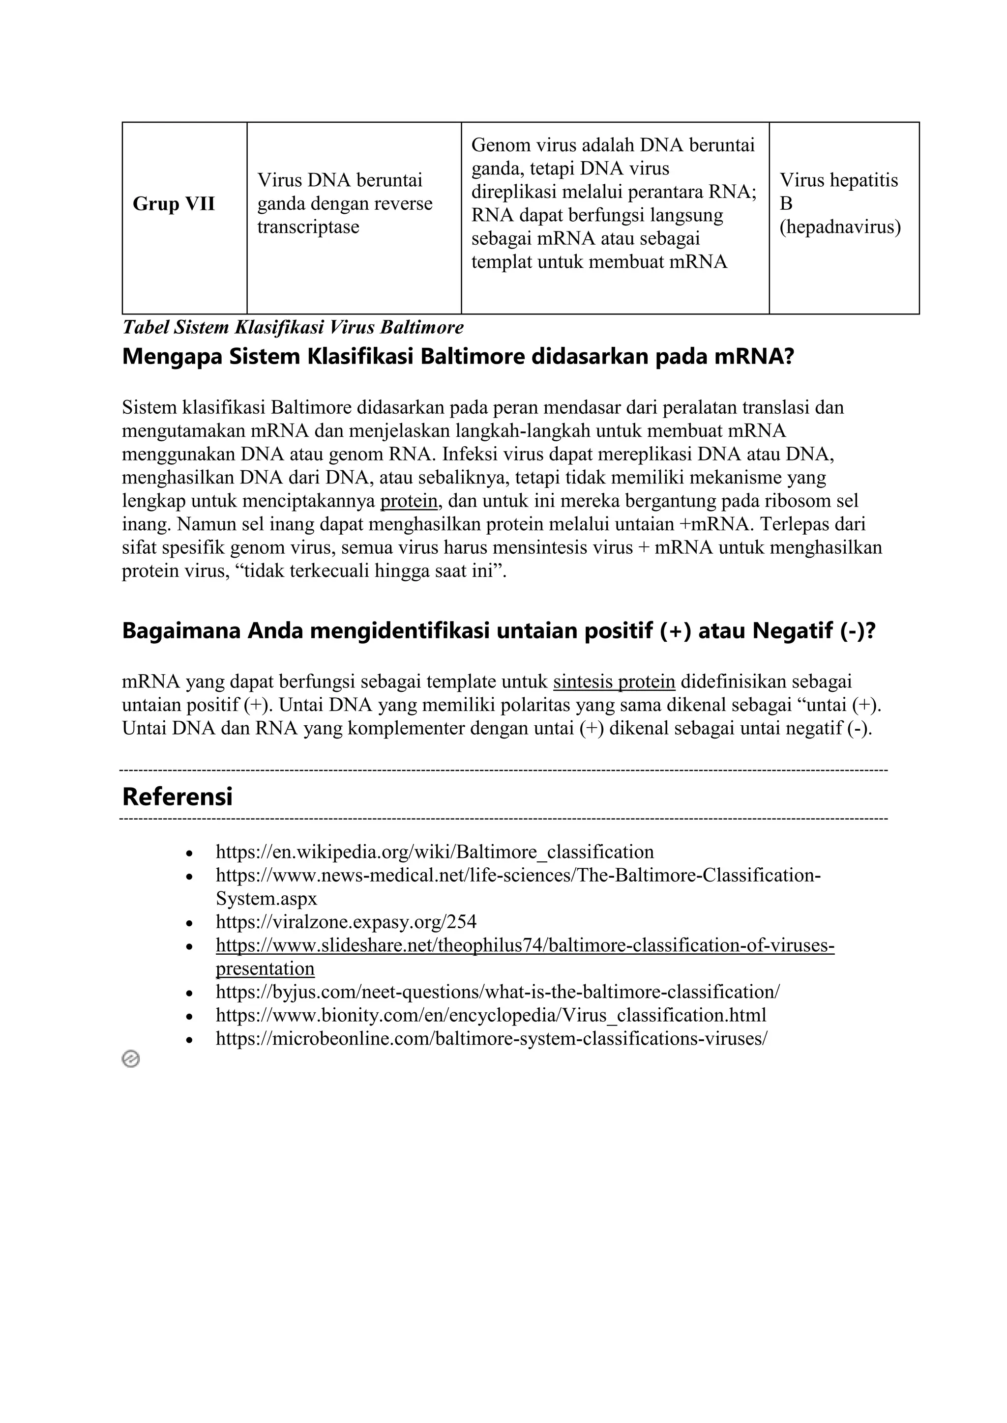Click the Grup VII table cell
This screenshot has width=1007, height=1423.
pos(174,204)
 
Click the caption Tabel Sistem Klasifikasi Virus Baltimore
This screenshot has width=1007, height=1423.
pos(293,327)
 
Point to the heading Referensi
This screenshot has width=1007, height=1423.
pos(178,797)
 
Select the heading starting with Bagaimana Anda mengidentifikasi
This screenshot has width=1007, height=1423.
pos(499,631)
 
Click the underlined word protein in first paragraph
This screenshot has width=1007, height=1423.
pos(409,501)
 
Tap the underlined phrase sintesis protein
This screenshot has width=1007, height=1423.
pos(614,682)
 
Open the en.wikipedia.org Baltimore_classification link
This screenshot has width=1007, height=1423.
pos(434,852)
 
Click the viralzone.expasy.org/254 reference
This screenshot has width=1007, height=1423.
pos(346,922)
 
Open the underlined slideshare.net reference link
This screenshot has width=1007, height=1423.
pos(525,946)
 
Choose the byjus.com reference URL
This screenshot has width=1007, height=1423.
pos(497,992)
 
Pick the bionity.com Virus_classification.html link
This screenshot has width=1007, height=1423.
pos(491,1015)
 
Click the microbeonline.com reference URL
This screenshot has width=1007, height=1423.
pos(491,1039)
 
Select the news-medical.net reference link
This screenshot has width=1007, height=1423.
pos(518,876)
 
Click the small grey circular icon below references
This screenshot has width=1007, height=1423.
pos(131,1059)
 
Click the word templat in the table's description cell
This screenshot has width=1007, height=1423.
pos(501,262)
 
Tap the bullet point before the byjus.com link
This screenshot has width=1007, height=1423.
pos(190,994)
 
